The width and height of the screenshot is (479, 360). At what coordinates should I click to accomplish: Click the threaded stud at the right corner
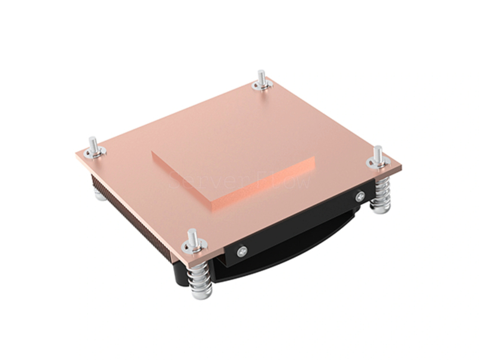tap(378, 153)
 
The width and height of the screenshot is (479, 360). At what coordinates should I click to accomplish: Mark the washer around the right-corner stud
tap(378, 163)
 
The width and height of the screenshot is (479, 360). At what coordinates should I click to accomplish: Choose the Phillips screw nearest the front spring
tap(241, 252)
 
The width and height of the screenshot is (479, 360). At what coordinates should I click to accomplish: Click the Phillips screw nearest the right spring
tap(359, 195)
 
